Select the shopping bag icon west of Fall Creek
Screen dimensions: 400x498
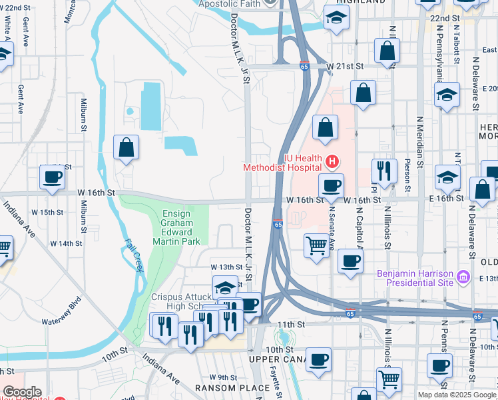coord(125,149)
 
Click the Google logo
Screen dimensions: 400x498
coord(21,392)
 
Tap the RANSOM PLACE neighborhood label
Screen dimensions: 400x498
coord(224,388)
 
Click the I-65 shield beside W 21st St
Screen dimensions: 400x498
coord(304,66)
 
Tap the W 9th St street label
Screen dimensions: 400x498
coord(223,377)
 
